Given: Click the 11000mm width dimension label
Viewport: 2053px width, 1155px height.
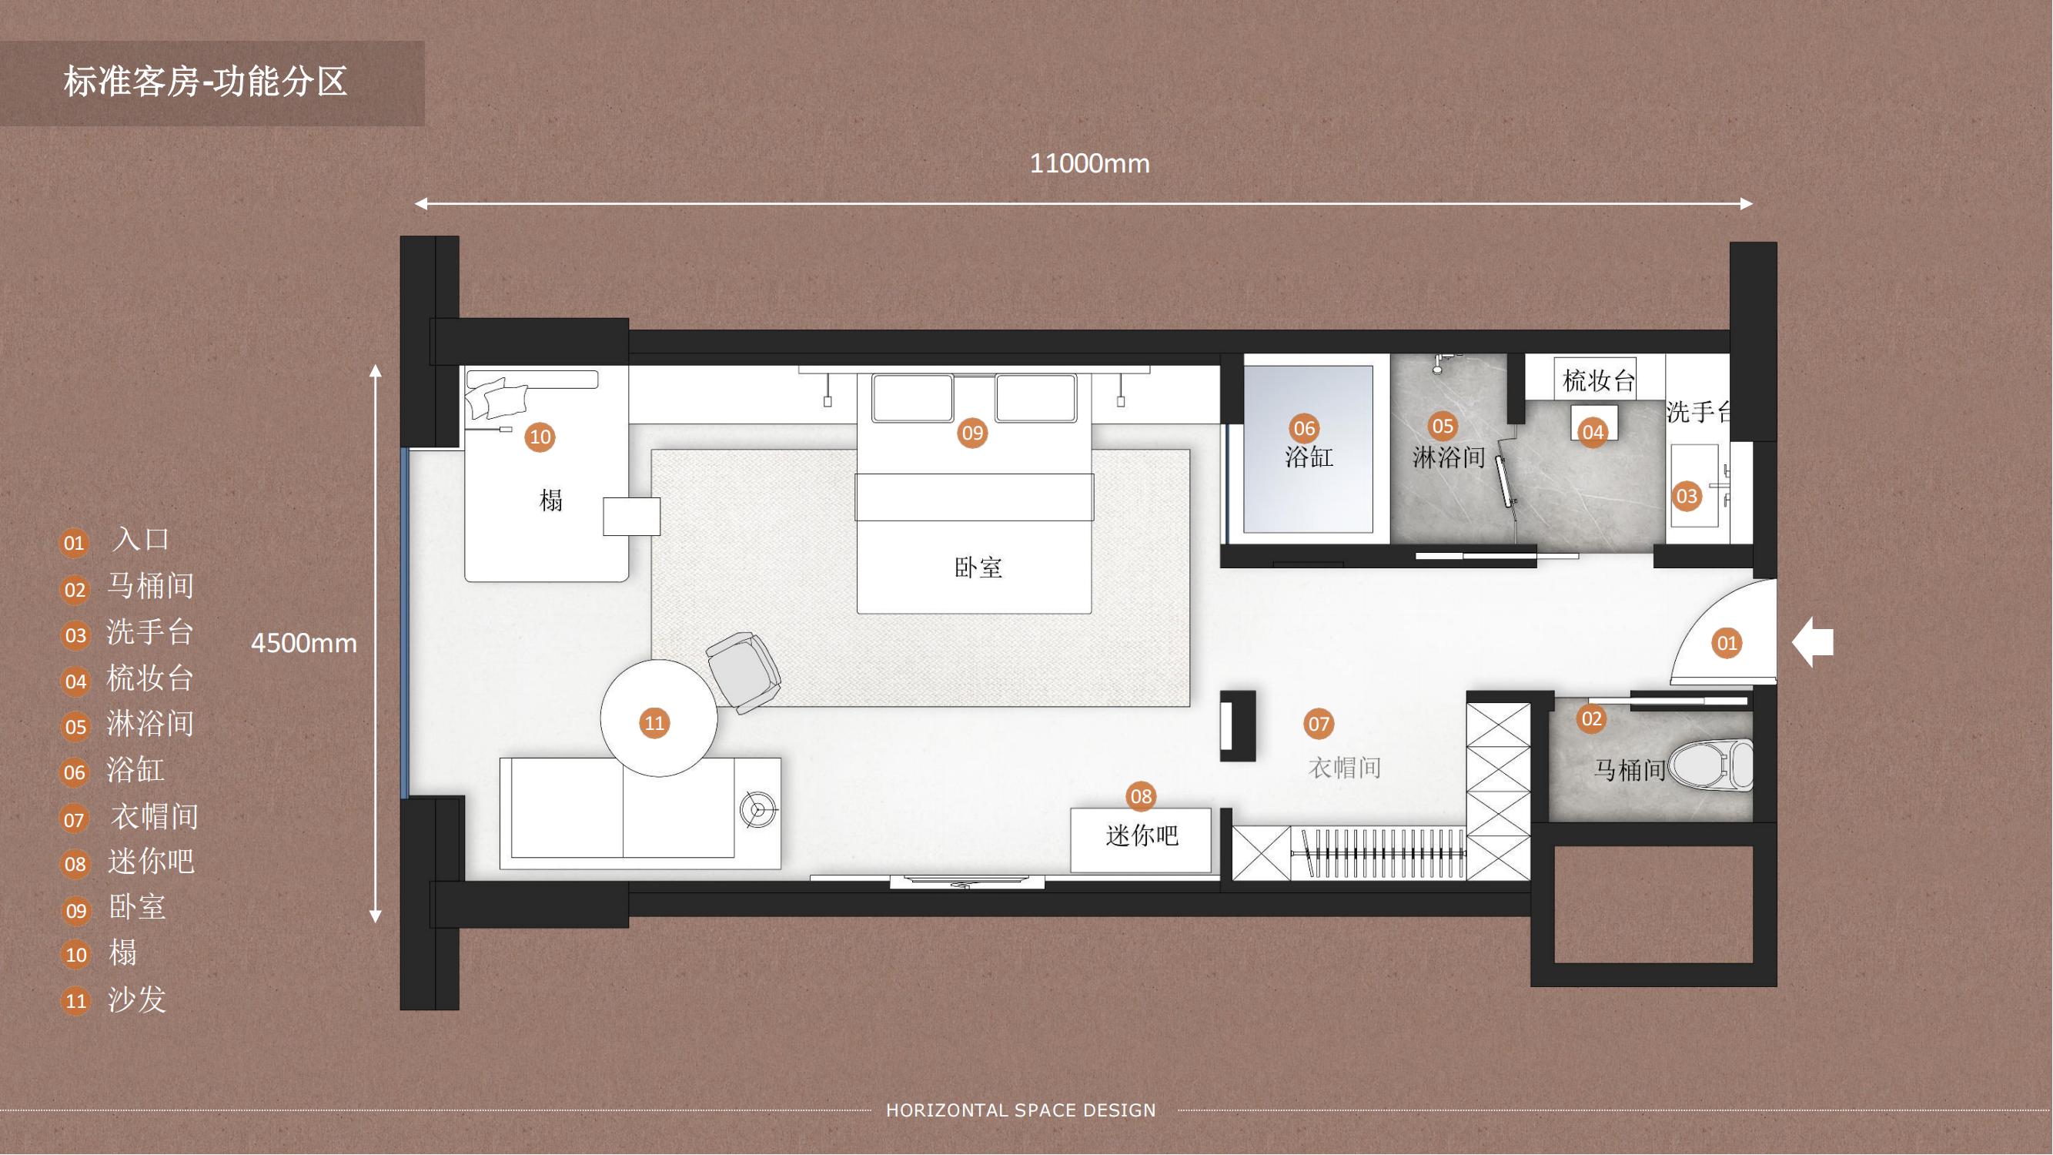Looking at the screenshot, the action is (x=1089, y=164).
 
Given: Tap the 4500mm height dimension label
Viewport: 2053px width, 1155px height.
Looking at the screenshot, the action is (x=303, y=643).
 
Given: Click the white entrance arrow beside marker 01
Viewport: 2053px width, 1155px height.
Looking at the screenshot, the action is (x=1813, y=641).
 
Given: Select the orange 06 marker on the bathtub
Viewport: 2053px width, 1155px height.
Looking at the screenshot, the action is (x=1304, y=429).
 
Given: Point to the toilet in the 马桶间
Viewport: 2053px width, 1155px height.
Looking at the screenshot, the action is (x=1711, y=765).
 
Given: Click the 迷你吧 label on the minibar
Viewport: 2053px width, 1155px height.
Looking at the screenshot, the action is (x=1142, y=836).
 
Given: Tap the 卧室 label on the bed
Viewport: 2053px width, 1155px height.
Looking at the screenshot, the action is (x=978, y=567).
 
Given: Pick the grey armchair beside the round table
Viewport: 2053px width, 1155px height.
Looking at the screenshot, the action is (x=743, y=672).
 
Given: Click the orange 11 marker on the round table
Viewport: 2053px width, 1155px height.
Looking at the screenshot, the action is (x=654, y=723).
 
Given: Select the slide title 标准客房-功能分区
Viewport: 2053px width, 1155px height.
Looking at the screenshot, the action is (x=205, y=82).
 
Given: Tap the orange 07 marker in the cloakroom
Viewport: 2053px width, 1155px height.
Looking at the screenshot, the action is (x=1318, y=724).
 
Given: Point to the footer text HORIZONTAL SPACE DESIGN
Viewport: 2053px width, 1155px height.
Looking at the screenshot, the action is (x=1021, y=1110).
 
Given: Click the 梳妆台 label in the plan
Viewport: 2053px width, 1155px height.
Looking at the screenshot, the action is (x=1599, y=381).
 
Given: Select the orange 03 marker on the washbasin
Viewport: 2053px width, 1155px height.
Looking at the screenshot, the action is (x=1687, y=497).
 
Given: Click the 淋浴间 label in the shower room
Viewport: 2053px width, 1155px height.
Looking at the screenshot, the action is (x=1449, y=457).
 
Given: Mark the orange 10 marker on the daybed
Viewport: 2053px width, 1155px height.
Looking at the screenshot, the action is (x=540, y=437).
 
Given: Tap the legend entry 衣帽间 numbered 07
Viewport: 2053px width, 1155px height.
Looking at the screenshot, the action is (x=155, y=817).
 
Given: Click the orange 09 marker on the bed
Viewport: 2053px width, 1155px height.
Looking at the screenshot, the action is (x=972, y=433).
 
